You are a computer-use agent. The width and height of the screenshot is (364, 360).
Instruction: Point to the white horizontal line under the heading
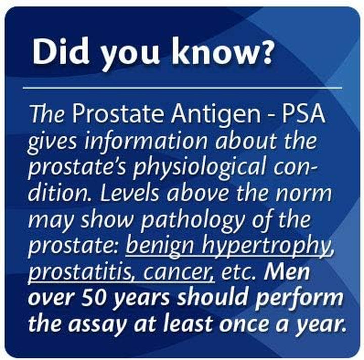[182, 88]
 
